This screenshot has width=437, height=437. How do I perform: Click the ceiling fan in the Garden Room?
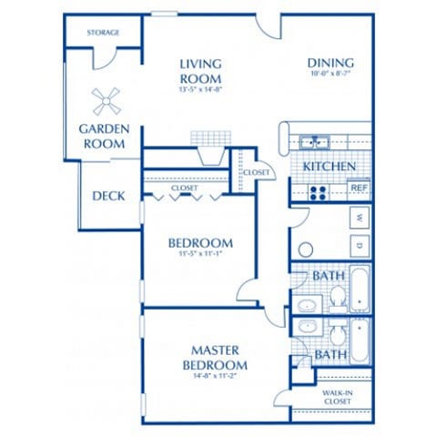107,98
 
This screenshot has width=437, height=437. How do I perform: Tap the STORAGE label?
104,33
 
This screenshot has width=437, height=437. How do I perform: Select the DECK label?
109,196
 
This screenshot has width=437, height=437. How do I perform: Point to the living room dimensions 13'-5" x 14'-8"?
201,88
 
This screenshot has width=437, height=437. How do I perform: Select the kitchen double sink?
315,142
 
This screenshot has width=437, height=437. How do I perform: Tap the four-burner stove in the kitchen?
319,191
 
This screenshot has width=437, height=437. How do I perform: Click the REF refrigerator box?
360,189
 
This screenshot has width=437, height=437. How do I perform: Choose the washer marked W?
360,218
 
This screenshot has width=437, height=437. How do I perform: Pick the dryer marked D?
360,244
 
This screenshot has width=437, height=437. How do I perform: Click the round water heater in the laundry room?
306,248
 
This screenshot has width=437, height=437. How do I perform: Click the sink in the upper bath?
306,303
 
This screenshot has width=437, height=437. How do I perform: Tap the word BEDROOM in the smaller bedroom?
200,243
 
